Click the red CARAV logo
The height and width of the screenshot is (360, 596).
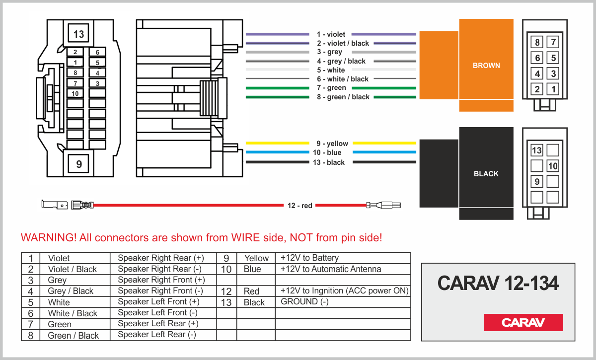(x=523, y=322)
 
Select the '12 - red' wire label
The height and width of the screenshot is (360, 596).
(x=299, y=205)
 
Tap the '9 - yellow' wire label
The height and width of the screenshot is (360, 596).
(x=332, y=144)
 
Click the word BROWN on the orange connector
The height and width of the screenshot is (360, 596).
(x=486, y=66)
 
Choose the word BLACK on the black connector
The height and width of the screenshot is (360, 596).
(x=486, y=174)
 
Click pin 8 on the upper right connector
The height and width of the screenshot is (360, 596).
(x=537, y=42)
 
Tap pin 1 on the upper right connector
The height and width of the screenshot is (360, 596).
(x=553, y=90)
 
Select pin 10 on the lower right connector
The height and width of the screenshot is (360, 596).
(x=553, y=166)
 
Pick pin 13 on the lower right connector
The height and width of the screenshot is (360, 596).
(x=537, y=150)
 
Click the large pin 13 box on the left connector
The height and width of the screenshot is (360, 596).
(x=78, y=34)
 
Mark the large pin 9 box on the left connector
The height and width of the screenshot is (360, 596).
(x=78, y=163)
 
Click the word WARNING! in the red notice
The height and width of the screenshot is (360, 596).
(x=49, y=238)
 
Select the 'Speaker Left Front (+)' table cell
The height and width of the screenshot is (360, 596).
(x=158, y=302)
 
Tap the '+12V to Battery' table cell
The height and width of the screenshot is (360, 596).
(x=309, y=258)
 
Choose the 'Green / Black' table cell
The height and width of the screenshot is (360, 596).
(x=73, y=336)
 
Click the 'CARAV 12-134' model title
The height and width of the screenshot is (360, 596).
(x=498, y=284)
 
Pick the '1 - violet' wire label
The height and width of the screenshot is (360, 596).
(x=331, y=34)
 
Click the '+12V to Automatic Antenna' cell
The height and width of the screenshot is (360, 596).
(x=331, y=269)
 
